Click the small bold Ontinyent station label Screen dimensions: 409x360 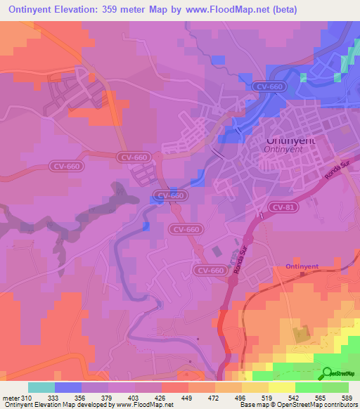(304, 266)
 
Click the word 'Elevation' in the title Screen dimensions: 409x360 (89, 10)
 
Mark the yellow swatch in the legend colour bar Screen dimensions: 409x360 (282, 387)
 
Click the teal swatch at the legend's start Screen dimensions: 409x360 (41, 387)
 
